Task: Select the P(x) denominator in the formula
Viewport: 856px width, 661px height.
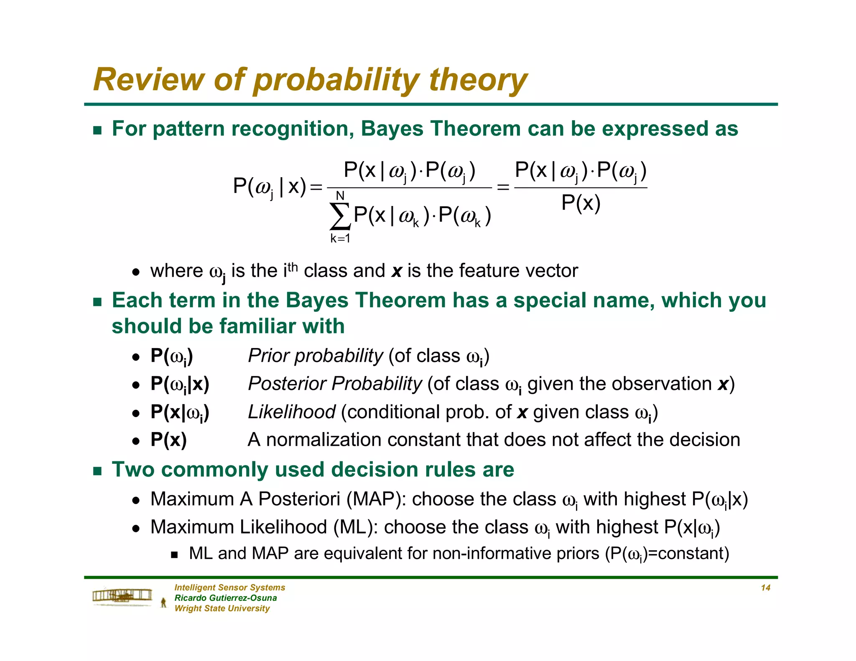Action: [581, 203]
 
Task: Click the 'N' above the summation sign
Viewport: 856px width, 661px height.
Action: [340, 196]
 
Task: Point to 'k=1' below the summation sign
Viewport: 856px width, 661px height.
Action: [340, 239]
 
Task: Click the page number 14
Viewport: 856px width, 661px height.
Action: [765, 588]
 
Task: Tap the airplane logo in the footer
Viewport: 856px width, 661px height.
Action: [122, 596]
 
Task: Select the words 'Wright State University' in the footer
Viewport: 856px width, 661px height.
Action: [222, 608]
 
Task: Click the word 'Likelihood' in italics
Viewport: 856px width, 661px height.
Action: [291, 412]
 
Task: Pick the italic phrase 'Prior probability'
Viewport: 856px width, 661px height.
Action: [315, 356]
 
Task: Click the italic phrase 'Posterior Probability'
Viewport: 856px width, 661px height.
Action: [335, 384]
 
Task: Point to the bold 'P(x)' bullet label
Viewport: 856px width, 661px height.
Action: [168, 440]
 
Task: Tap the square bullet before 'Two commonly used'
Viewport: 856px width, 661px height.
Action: [97, 471]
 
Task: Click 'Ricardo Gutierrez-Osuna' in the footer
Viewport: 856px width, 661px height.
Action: [225, 598]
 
